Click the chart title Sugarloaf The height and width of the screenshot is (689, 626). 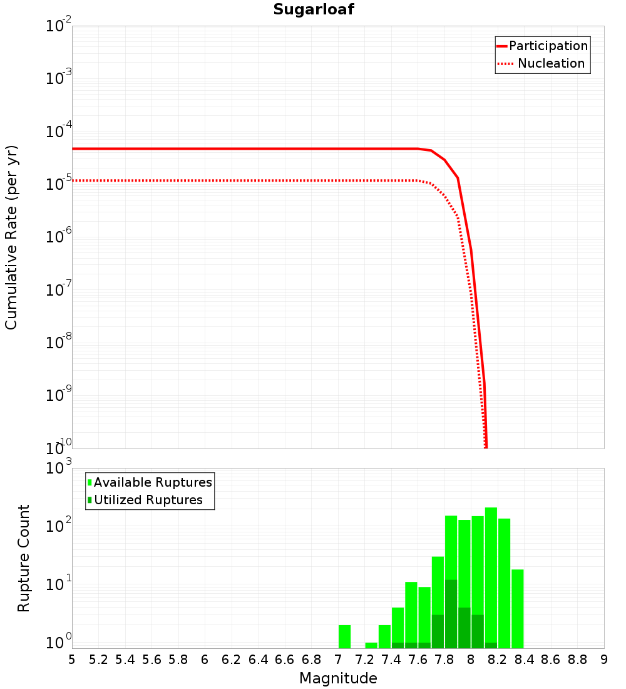[x=314, y=9]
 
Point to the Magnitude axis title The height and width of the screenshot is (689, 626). [x=338, y=678]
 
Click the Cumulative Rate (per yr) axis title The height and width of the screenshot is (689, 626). [x=11, y=237]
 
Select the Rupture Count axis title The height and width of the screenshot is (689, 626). [x=24, y=558]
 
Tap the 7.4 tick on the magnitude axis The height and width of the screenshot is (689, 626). [x=391, y=659]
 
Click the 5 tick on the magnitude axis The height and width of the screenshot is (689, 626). [x=72, y=659]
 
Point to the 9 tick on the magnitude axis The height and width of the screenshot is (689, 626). [x=604, y=659]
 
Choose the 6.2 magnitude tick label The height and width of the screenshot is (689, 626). [x=232, y=659]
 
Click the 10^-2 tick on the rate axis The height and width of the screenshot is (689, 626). [x=59, y=26]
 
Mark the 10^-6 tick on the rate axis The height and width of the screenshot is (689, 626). [x=59, y=237]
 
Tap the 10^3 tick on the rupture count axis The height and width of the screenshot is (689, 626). [x=59, y=469]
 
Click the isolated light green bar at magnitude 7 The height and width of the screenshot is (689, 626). [x=344, y=636]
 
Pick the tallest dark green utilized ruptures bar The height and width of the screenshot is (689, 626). [x=451, y=614]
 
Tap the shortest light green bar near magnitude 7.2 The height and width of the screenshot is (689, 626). [x=371, y=645]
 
